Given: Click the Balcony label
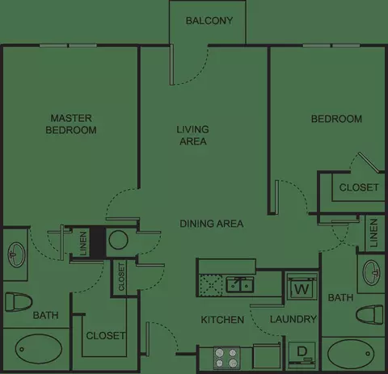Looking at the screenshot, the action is click(x=209, y=21).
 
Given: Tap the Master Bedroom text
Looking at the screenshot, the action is click(x=71, y=124).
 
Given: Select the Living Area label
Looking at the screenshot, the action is click(x=193, y=135).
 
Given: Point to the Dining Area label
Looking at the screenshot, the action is click(x=212, y=224).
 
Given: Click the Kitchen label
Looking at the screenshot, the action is click(x=222, y=320).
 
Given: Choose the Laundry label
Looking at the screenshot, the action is click(x=293, y=319).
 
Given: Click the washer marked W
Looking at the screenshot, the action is click(x=302, y=287).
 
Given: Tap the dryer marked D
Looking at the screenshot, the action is click(x=302, y=355).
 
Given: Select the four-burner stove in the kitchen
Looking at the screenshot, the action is click(x=226, y=357).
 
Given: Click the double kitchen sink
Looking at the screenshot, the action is click(x=239, y=285).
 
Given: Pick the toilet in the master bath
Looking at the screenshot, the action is click(x=19, y=302).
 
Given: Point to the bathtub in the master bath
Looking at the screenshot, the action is click(x=39, y=350).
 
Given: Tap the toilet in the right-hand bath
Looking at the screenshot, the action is click(x=369, y=315).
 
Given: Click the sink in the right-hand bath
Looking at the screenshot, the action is click(x=372, y=272).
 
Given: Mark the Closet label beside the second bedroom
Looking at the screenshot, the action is click(x=359, y=187).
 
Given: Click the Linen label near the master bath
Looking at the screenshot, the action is click(x=83, y=244).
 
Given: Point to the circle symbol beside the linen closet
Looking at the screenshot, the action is click(x=118, y=240).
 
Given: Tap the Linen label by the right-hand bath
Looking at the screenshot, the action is click(x=373, y=233).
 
